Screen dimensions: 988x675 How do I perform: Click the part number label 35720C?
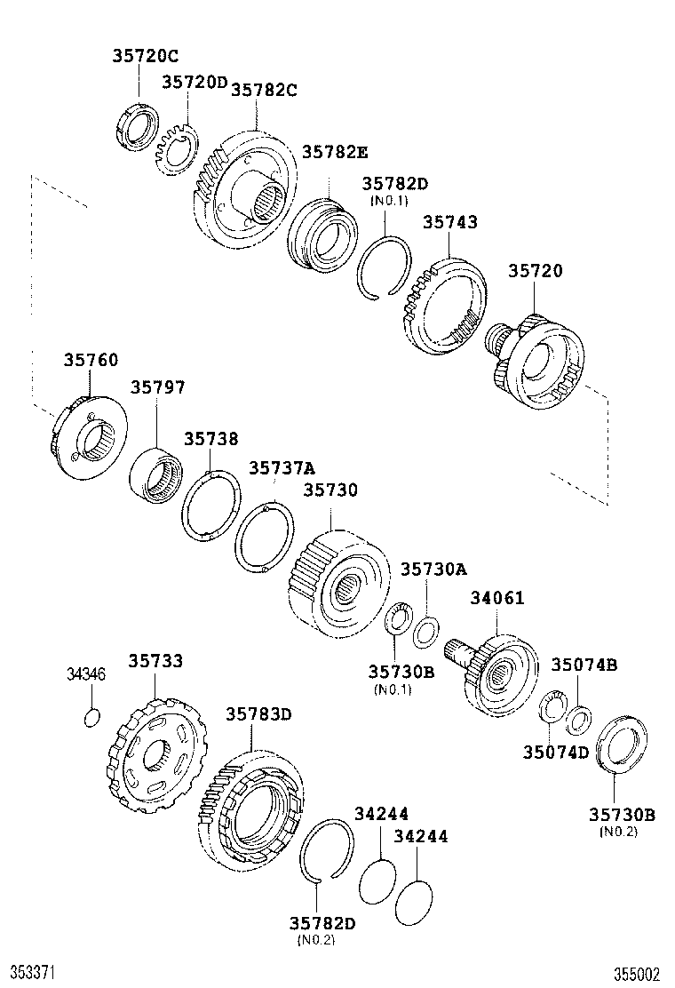click(145, 56)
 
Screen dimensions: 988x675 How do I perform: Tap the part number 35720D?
click(195, 83)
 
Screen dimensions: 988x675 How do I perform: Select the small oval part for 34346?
click(91, 717)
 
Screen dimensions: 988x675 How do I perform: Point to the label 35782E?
click(334, 152)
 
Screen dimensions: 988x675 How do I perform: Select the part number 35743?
click(449, 222)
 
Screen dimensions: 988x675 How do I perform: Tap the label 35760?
click(90, 361)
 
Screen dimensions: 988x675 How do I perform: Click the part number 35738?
click(210, 439)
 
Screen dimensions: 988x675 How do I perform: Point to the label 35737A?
click(282, 467)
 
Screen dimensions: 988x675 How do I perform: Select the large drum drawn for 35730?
click(338, 581)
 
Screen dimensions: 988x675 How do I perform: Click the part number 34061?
click(497, 599)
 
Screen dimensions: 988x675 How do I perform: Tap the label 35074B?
click(584, 665)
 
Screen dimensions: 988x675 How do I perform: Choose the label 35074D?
click(555, 753)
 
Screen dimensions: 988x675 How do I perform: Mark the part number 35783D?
click(258, 713)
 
